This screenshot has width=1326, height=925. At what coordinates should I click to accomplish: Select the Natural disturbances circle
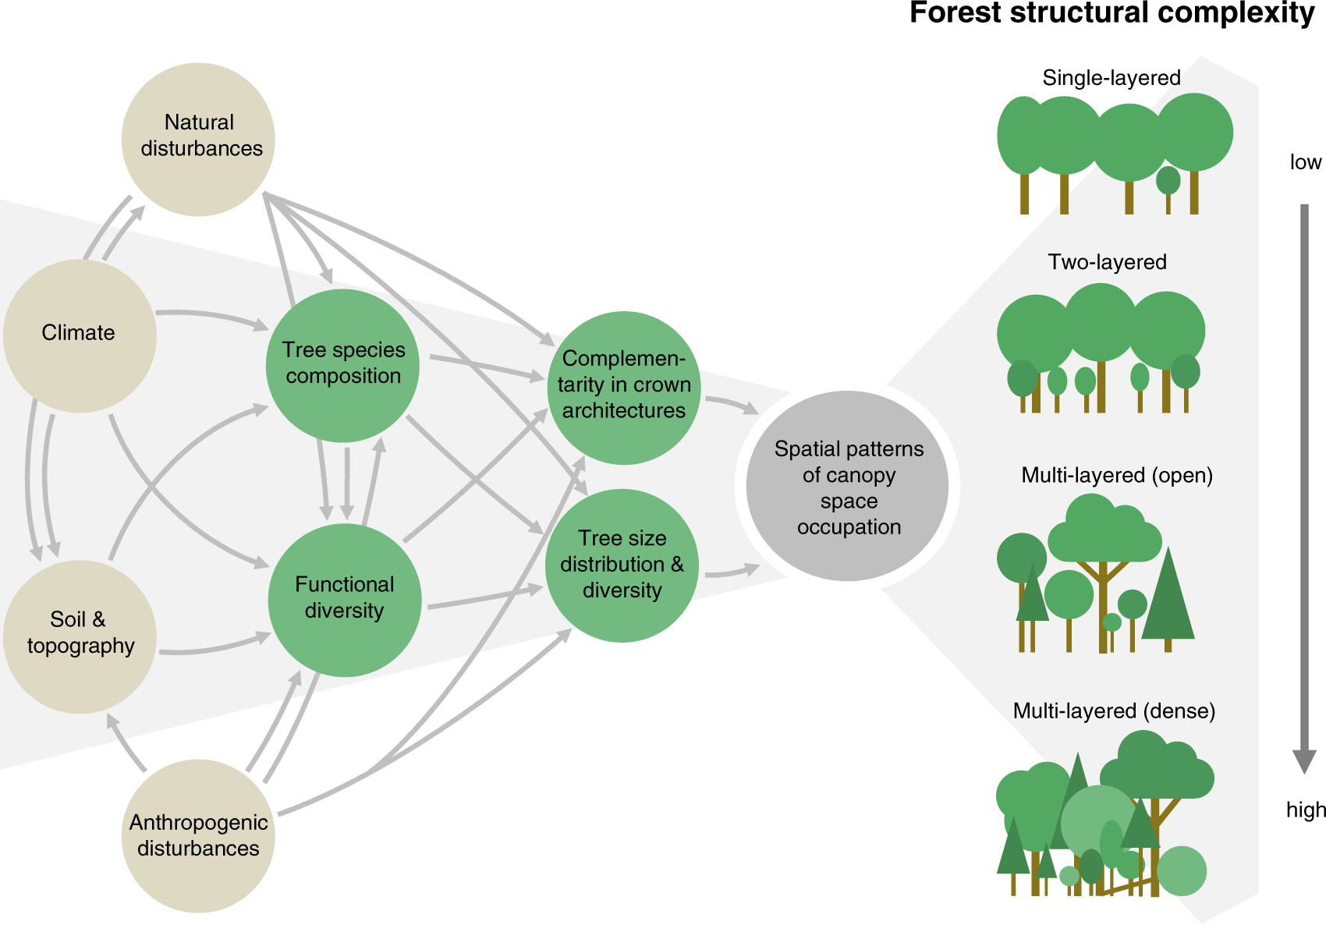[198, 139]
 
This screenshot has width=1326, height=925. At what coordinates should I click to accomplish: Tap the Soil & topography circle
[80, 636]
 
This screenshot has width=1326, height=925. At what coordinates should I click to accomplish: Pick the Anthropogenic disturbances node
[198, 835]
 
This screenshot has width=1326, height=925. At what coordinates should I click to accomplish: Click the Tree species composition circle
[342, 365]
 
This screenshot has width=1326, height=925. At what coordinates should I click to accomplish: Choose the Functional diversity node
[344, 600]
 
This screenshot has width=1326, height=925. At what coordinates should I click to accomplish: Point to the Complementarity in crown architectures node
[623, 387]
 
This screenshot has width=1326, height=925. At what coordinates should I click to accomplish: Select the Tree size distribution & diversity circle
[622, 565]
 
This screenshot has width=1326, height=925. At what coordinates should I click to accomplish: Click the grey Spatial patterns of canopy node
[848, 487]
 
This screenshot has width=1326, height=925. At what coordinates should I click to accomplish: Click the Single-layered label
[1111, 78]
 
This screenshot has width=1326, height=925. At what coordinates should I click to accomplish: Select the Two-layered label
[1107, 262]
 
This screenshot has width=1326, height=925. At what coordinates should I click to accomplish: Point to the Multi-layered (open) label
[1116, 475]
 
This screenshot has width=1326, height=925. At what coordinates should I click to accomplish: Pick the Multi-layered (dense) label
[1114, 711]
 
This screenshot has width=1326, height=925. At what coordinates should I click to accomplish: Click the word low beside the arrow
[1305, 162]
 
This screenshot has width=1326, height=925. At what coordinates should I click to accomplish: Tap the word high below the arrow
[1305, 810]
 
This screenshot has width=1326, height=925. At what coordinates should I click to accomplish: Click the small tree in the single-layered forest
[1168, 182]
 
